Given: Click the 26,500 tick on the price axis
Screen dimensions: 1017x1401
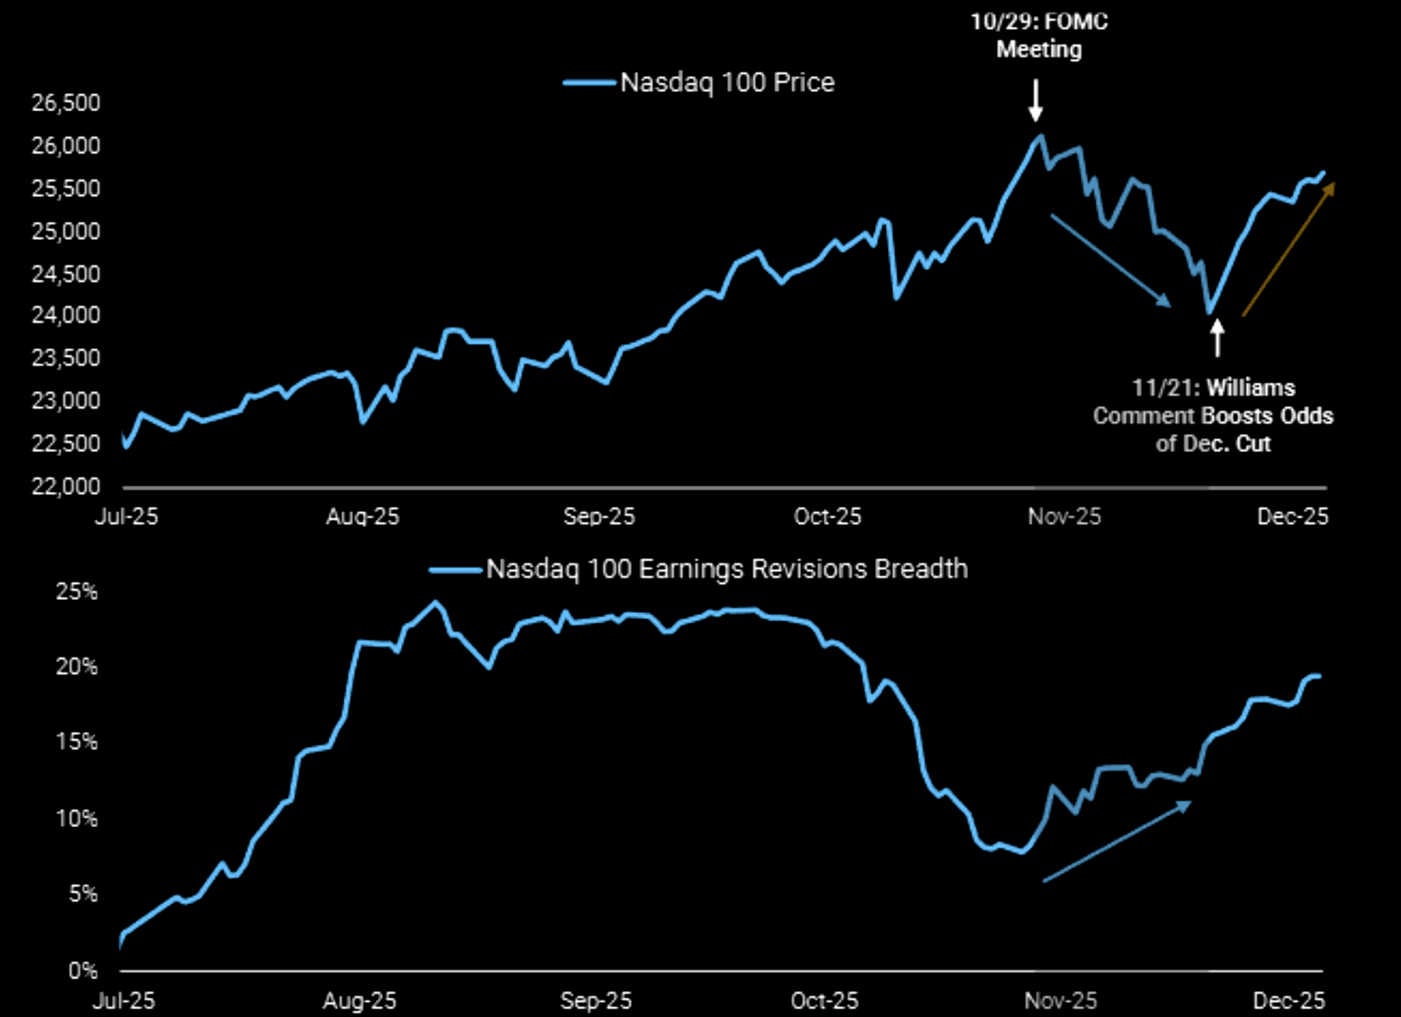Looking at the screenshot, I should click(66, 103).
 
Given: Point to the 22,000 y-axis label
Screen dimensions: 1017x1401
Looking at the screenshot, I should click(66, 486).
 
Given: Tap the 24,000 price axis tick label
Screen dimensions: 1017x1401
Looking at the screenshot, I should click(66, 315).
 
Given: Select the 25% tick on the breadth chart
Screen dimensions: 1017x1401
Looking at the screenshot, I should click(77, 592).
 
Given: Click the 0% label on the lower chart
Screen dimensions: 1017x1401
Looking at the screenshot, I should click(83, 970).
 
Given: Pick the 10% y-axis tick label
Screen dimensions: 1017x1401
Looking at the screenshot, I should click(77, 819).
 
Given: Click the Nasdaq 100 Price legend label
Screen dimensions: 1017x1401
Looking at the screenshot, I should click(727, 82).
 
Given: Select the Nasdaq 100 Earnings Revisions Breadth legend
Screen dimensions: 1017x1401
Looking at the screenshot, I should click(726, 569).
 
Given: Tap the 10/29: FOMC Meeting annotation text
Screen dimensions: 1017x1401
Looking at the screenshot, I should click(1039, 35).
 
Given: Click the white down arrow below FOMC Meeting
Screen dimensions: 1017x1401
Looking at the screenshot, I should click(1035, 101).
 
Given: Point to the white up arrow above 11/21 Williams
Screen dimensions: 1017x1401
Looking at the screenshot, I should click(1217, 338).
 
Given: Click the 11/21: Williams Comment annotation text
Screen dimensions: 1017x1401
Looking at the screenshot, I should click(1213, 415).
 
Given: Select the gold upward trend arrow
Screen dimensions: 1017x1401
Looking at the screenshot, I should click(1288, 249).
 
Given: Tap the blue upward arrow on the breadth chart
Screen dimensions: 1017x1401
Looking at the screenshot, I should click(1117, 842).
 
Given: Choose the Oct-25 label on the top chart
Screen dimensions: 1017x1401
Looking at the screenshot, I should click(827, 517).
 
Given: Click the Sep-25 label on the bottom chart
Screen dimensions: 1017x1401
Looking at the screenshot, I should click(595, 1000).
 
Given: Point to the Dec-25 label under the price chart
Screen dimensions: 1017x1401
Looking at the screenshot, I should click(1292, 517).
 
